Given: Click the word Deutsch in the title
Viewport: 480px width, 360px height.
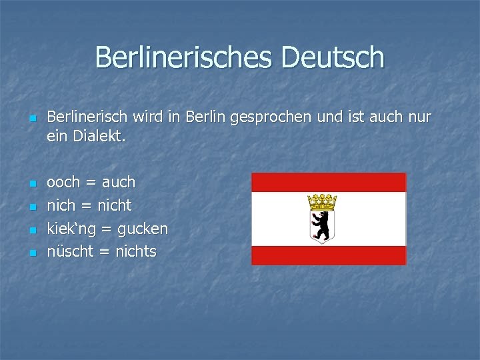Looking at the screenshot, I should coord(333,57).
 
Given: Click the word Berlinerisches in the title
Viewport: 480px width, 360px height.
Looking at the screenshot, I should coord(183,57).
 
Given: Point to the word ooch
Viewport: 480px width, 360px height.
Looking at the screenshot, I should coord(63,182).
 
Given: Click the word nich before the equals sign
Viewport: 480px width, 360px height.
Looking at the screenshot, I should coord(61,205).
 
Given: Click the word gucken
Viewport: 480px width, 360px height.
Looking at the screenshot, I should coord(143,229).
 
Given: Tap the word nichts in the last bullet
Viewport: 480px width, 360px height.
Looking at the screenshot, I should coord(136,251).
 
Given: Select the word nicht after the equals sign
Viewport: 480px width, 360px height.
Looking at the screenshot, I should coord(114,205).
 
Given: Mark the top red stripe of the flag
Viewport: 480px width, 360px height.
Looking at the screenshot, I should coord(329,182).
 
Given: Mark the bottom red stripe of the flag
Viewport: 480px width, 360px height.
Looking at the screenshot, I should coord(329,255).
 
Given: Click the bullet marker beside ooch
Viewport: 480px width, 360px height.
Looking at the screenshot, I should coord(31,183).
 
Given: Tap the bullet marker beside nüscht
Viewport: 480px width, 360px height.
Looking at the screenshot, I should coord(31,253).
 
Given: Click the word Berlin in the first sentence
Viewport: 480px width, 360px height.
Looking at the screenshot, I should coord(207,118).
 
